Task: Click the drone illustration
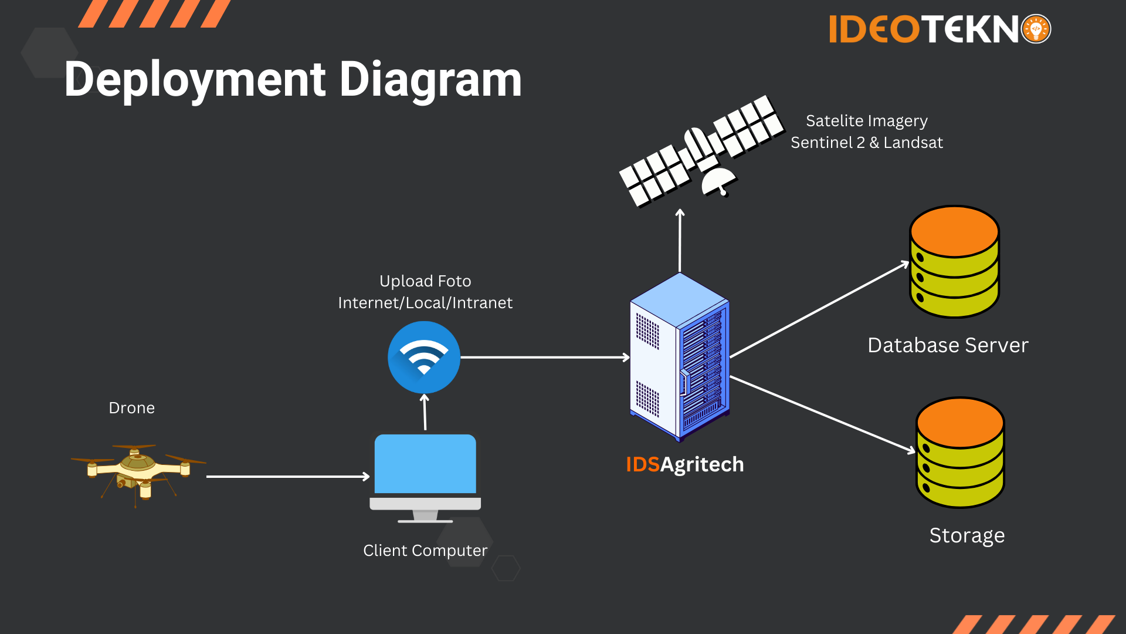pos(138,473)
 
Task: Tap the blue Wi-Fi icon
pos(424,357)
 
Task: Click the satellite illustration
pos(701,151)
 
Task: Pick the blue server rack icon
pos(680,357)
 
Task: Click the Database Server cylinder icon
pos(954,262)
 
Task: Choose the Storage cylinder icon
pos(960,453)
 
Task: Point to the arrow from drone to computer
pos(287,477)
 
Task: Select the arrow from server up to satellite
pos(680,241)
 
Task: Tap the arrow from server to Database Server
pos(819,310)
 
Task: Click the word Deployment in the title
pos(195,80)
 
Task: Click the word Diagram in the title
pos(430,80)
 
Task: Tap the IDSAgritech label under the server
pos(684,464)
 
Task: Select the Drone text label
pos(132,408)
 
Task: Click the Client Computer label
pos(425,551)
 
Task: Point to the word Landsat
pos(913,143)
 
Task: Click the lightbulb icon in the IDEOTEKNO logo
pos(1036,29)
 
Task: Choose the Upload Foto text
pos(425,281)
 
